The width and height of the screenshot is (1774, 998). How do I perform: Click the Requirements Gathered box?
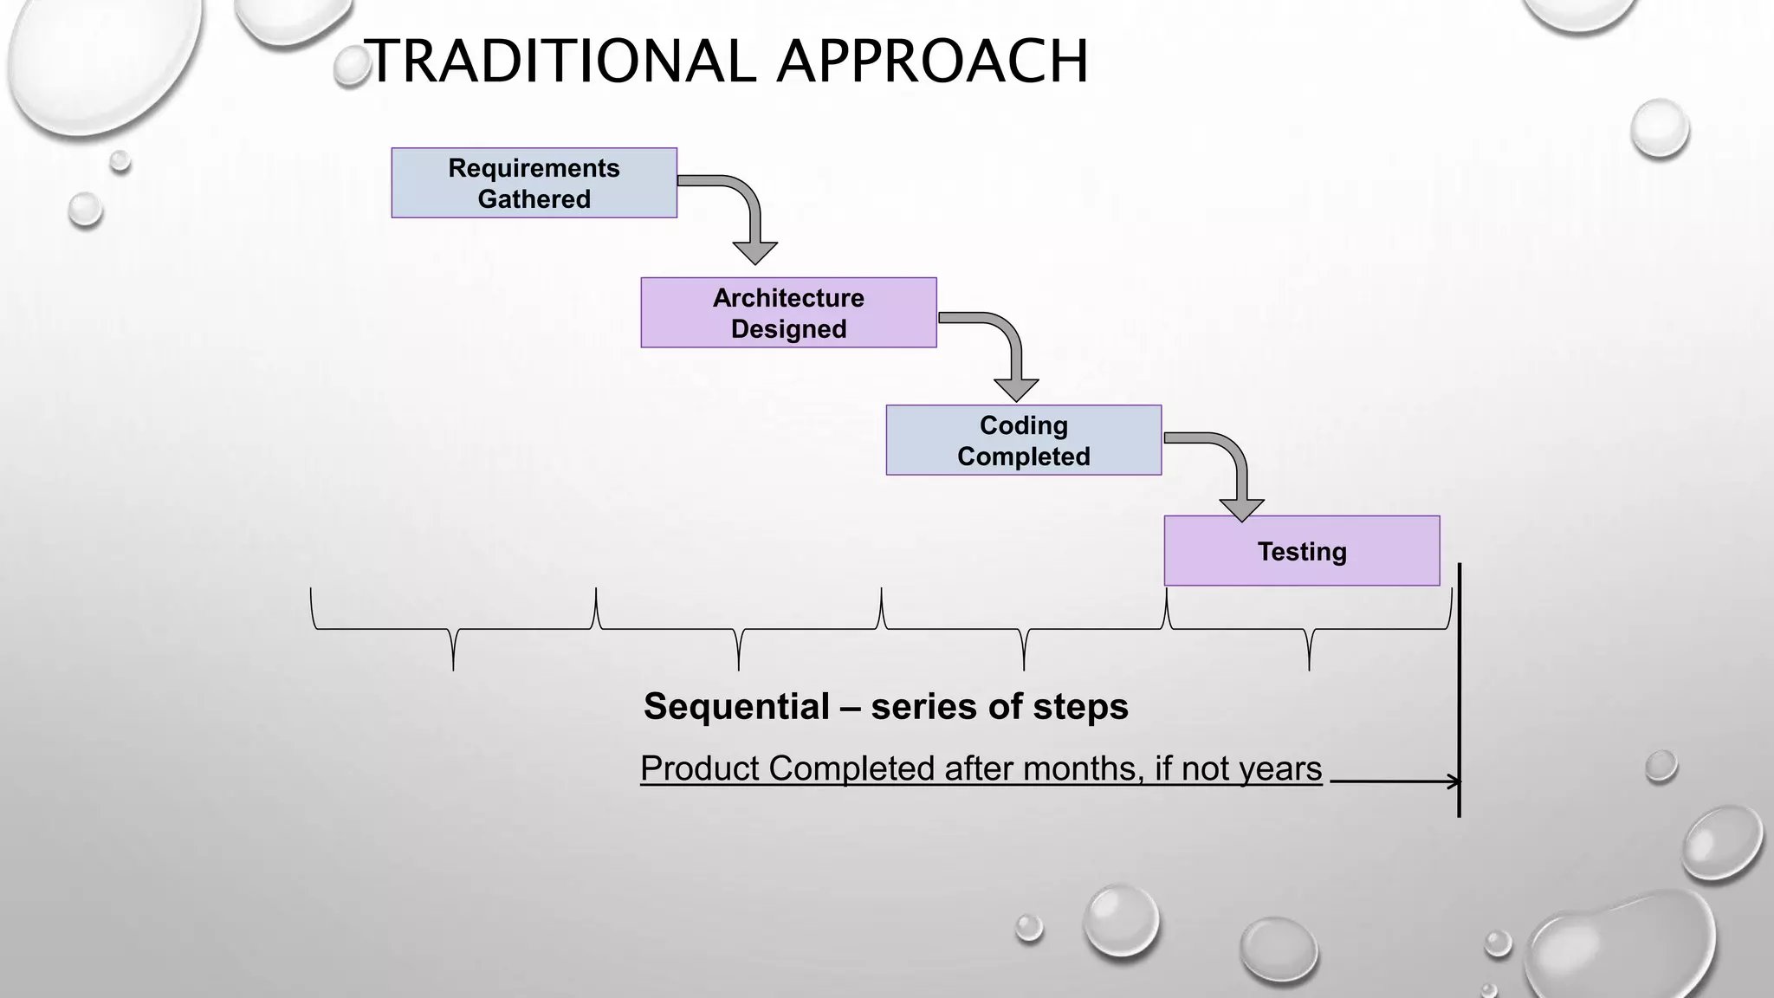534,183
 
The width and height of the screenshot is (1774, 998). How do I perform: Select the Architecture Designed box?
788,313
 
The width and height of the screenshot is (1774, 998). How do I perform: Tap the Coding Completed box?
1023,440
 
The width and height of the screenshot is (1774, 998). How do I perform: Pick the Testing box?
1301,551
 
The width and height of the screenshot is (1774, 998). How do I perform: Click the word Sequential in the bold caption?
736,706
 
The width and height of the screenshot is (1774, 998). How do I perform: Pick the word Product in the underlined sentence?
700,768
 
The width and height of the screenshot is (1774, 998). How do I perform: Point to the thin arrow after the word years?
1395,781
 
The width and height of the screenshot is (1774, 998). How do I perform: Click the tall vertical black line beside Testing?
1460,693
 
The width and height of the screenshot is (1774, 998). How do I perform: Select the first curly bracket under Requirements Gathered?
453,630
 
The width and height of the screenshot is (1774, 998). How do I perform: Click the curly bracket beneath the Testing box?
1309,630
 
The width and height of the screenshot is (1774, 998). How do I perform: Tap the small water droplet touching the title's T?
352,68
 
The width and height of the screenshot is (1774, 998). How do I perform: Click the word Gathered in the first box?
534,199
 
